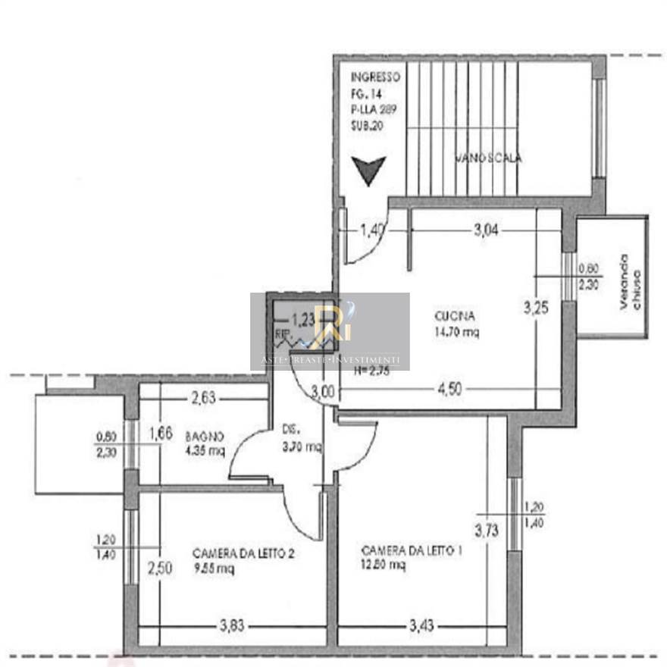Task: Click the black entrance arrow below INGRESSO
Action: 370,171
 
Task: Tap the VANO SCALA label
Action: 488,158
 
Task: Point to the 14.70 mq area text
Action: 456,331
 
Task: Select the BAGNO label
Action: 204,437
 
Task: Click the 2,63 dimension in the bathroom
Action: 204,396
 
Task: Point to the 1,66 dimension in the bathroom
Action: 160,434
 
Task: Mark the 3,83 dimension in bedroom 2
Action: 232,626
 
